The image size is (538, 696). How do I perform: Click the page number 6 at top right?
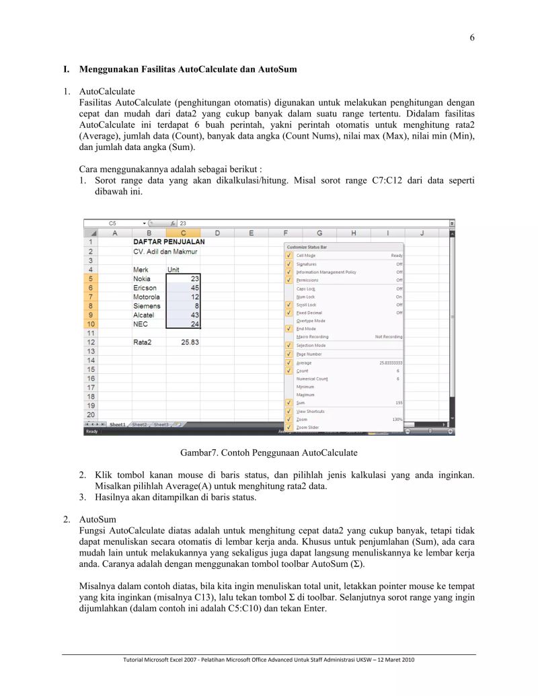(x=472, y=38)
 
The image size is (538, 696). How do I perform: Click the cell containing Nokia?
(x=142, y=278)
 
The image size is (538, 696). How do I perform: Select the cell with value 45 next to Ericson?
(x=183, y=288)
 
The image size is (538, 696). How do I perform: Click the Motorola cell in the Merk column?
(x=147, y=297)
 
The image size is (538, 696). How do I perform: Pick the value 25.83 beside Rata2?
(x=190, y=342)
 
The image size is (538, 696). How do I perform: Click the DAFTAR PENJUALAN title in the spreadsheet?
(x=168, y=241)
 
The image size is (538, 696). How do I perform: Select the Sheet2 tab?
(x=139, y=425)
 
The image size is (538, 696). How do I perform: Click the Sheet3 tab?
(x=161, y=425)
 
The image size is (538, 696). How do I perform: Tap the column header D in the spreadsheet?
(x=217, y=233)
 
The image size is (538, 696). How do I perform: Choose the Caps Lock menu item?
(x=306, y=288)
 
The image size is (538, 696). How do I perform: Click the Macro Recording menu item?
(x=313, y=337)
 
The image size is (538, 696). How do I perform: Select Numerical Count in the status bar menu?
(x=312, y=379)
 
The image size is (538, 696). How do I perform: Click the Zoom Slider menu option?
(x=307, y=427)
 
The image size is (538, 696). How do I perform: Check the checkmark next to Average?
(x=289, y=362)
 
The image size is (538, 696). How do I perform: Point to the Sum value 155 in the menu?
(x=399, y=403)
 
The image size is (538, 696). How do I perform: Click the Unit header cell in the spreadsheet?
(x=174, y=269)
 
